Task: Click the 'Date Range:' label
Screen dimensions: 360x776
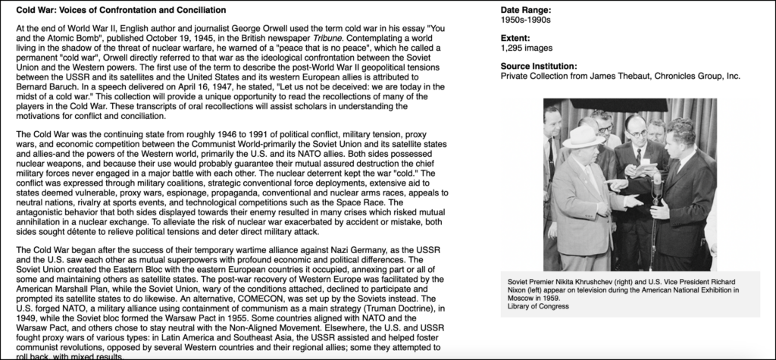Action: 526,9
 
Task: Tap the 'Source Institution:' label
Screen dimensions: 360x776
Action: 539,66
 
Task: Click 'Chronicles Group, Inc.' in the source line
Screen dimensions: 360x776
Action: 690,76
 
